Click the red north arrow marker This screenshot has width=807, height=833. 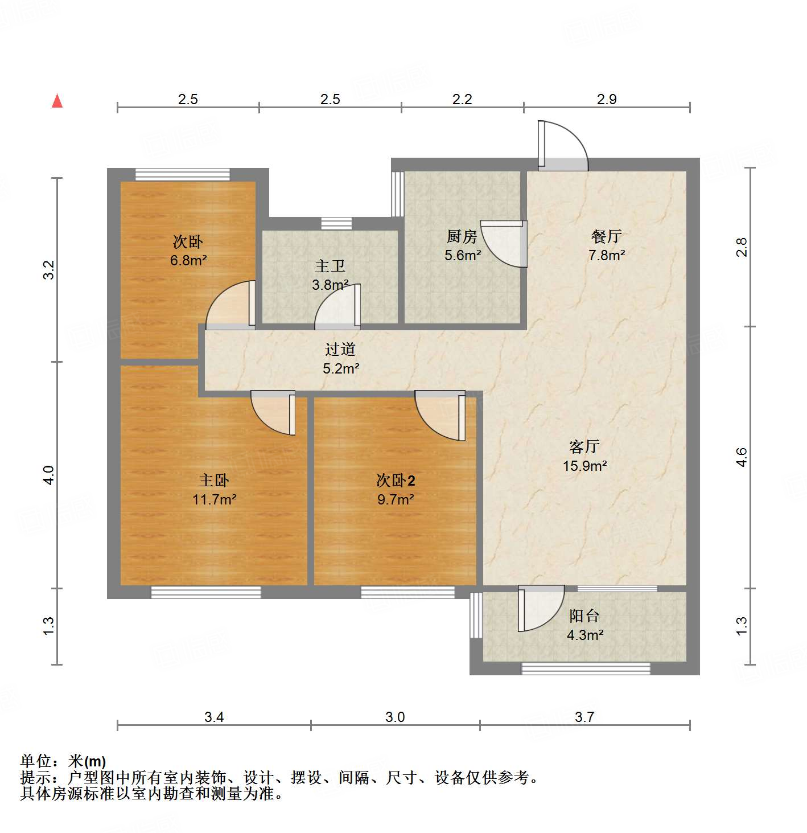(x=57, y=101)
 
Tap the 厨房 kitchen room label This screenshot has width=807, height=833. (x=462, y=236)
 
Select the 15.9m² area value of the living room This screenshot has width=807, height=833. (x=584, y=466)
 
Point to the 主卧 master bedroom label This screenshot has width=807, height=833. (x=214, y=480)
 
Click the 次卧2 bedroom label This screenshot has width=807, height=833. (x=396, y=480)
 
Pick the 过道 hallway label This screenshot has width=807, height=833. (x=340, y=349)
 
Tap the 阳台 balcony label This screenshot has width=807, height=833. (x=584, y=615)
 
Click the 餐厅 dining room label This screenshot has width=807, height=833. (x=607, y=236)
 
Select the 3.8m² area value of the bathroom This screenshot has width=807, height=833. (x=330, y=285)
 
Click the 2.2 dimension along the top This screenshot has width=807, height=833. (x=462, y=100)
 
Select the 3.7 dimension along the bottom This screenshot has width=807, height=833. (x=584, y=717)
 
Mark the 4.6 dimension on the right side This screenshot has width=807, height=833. (x=742, y=457)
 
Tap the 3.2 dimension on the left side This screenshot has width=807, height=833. (x=49, y=269)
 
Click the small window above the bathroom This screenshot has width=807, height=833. (x=336, y=224)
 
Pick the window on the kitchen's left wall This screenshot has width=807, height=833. (x=397, y=194)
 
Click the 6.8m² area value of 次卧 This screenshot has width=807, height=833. (x=188, y=261)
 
